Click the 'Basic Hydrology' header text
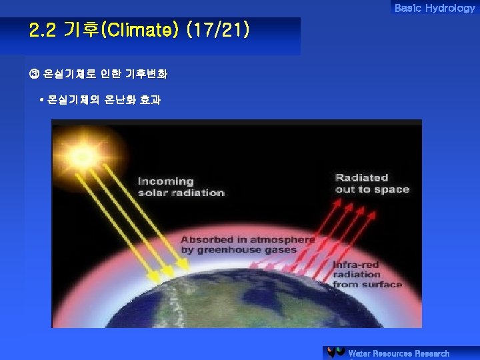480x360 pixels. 434,8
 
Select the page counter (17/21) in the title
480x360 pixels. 219,30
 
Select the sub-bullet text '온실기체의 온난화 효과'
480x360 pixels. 104,100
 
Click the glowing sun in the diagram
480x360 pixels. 84,157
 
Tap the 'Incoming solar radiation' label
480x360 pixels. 181,187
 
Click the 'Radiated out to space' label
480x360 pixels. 372,183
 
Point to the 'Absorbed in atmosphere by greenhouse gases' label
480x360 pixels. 247,245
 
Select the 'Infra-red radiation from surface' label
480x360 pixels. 367,274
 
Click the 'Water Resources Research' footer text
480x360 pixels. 399,353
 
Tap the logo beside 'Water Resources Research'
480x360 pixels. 336,353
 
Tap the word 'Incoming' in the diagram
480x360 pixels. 166,181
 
